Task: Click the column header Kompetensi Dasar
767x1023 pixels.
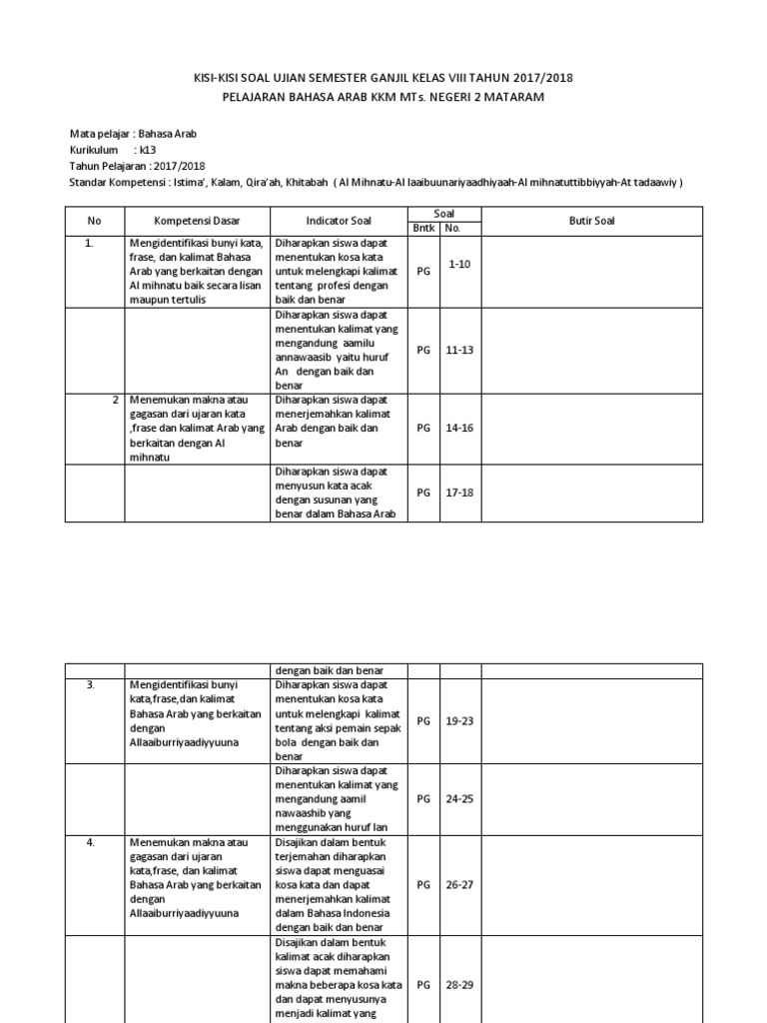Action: [197, 220]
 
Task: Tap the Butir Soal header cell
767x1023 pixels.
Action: [591, 220]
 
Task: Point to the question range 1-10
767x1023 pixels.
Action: [459, 263]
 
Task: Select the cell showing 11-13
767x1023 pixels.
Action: [459, 350]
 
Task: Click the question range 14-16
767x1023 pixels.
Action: [459, 428]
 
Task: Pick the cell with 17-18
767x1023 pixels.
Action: [459, 492]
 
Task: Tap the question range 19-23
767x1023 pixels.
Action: [459, 719]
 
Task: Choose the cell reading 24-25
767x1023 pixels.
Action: [459, 798]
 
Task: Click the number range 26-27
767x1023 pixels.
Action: [459, 884]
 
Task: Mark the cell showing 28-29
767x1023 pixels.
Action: [459, 984]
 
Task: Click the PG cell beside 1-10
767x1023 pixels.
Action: [423, 270]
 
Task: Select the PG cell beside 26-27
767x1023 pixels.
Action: [423, 884]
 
